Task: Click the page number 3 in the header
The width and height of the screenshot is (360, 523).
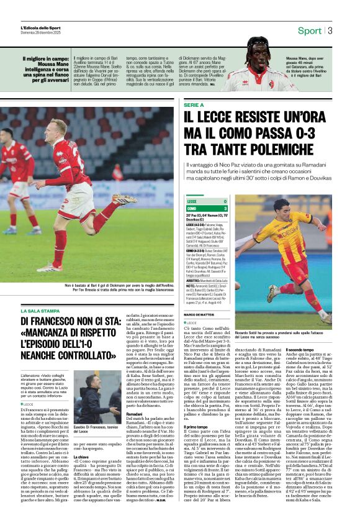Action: [330, 30]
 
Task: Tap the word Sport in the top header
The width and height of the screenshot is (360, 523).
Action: [309, 30]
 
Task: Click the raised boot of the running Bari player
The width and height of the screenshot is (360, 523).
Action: [124, 199]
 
